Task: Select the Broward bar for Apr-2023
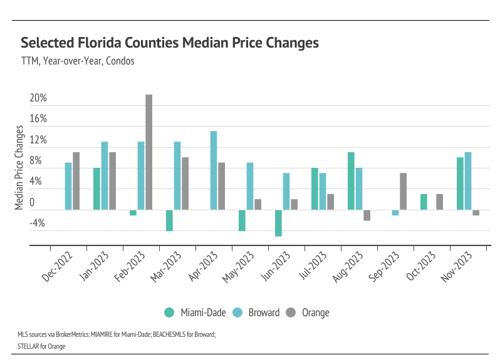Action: click(x=214, y=170)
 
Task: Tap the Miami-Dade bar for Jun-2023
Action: click(x=278, y=223)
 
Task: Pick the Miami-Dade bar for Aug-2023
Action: click(x=351, y=181)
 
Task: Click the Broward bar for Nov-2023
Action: click(x=467, y=181)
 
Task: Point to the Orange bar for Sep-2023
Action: click(x=403, y=192)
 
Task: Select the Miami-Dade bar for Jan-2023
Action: click(x=97, y=189)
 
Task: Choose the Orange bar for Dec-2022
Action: click(x=76, y=181)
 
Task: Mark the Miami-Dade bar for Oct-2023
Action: click(x=424, y=202)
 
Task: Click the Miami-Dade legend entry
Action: click(x=195, y=312)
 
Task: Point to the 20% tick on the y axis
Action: click(x=38, y=98)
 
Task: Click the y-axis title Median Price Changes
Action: click(x=19, y=168)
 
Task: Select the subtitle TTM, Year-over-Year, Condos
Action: click(x=78, y=61)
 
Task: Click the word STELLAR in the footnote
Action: click(x=28, y=344)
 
